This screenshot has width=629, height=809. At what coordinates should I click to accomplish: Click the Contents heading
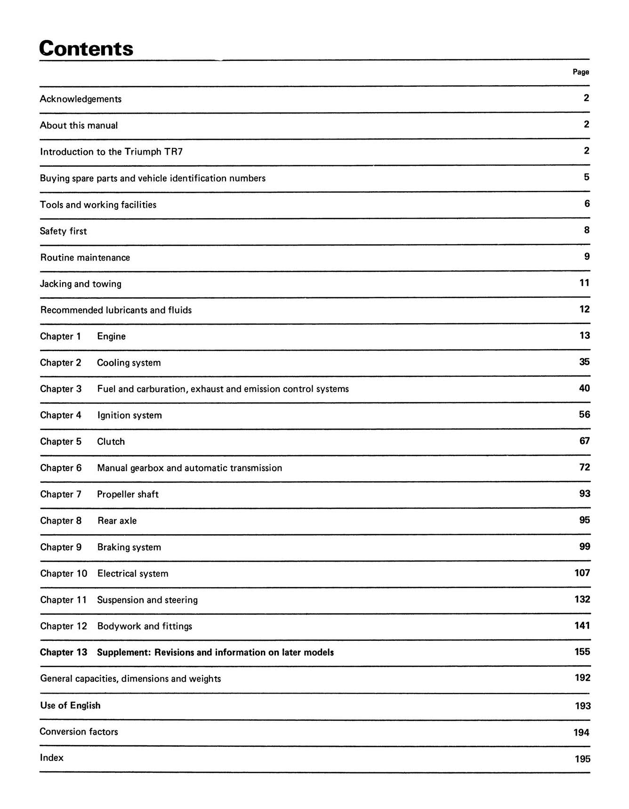coord(86,49)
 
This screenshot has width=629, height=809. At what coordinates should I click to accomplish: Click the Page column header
coord(581,72)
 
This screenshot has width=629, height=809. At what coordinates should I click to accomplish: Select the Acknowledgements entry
coord(81,99)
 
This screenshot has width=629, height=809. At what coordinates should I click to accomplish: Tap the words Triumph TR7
coord(153,152)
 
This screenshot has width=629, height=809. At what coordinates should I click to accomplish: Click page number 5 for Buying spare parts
coord(586,177)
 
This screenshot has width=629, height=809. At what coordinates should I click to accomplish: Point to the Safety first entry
coord(63,231)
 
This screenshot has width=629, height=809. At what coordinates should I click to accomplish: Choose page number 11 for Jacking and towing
coord(584,283)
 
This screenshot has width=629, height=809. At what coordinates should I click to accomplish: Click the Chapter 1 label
coord(60,336)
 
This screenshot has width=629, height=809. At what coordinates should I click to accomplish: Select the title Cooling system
coord(129,363)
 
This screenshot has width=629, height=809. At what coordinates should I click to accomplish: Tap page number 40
coord(584,388)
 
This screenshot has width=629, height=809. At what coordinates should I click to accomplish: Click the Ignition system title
coord(129,416)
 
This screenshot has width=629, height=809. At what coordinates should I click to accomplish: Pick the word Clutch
coord(111,442)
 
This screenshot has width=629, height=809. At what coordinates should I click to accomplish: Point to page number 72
coord(584,467)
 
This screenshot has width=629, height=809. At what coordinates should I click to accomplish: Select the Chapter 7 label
coord(60,494)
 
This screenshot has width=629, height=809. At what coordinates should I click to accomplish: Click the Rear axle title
coord(117,521)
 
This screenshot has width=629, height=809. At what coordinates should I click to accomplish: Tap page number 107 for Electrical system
coord(582,573)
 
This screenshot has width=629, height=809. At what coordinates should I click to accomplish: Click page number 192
coord(582,678)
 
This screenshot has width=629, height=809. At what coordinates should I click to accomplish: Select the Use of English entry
coord(70,705)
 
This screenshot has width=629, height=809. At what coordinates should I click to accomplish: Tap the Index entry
coord(51,758)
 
